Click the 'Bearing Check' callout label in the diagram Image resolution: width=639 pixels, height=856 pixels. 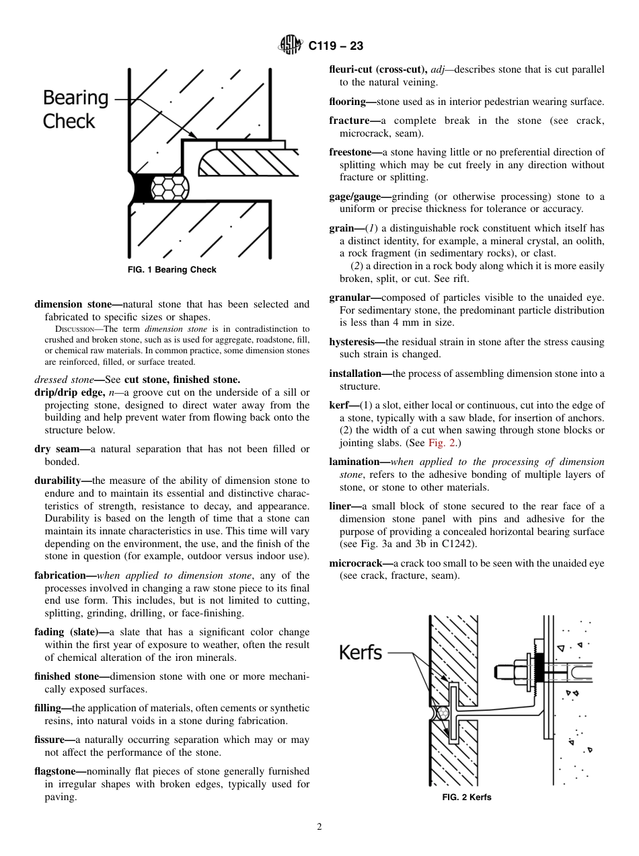tap(75, 109)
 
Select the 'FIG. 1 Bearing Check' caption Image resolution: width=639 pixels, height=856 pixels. tap(172, 270)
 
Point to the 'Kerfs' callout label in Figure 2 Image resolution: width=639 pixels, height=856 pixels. tap(361, 652)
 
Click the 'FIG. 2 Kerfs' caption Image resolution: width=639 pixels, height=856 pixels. tap(466, 797)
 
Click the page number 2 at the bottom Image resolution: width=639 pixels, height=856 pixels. tap(319, 827)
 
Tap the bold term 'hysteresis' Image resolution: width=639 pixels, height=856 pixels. tap(353, 342)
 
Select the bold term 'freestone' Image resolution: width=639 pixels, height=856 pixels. tap(353, 152)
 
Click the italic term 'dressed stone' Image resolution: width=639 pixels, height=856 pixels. tap(64, 380)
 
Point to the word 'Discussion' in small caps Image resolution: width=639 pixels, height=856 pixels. tap(75, 329)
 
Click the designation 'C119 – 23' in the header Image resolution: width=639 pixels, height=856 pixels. tap(336, 46)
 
